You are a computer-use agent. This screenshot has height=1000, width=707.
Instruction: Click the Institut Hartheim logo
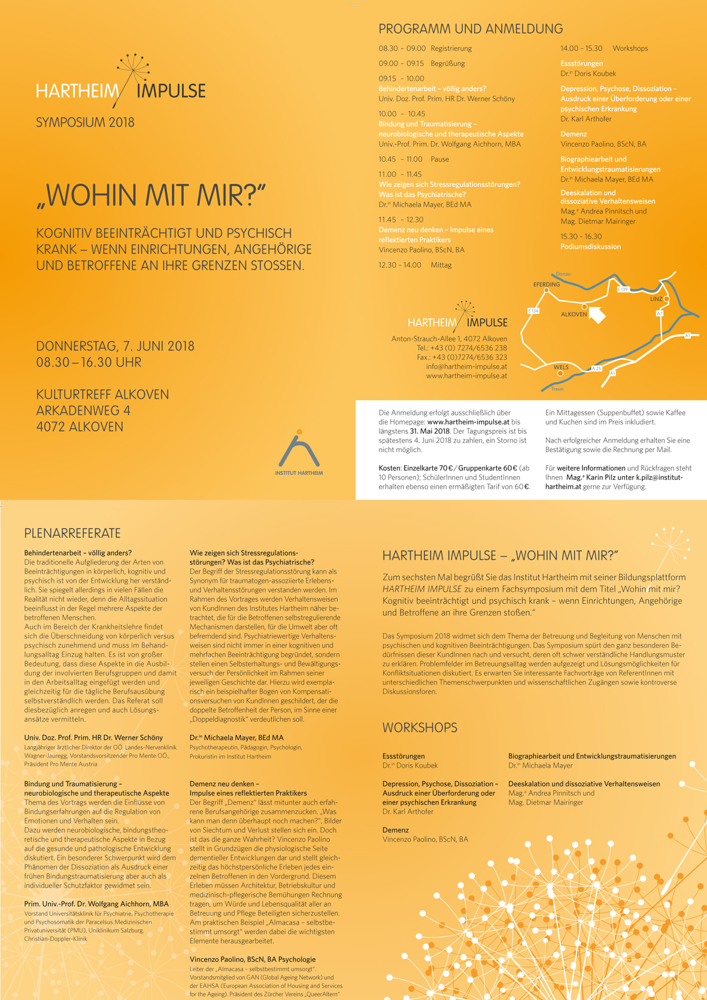pyautogui.click(x=299, y=453)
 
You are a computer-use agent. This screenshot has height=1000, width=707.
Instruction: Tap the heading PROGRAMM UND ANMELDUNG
pyautogui.click(x=471, y=29)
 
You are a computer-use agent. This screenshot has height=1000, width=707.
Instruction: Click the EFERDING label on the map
pyautogui.click(x=546, y=284)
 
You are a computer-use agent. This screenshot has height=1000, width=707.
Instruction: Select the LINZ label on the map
pyautogui.click(x=656, y=299)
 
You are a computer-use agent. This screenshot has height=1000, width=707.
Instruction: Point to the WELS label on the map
pyautogui.click(x=561, y=367)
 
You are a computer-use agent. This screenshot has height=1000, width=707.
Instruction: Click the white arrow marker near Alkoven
pyautogui.click(x=597, y=314)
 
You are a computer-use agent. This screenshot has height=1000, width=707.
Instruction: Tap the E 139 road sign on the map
pyautogui.click(x=623, y=289)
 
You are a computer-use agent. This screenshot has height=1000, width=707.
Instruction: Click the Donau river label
pyautogui.click(x=563, y=274)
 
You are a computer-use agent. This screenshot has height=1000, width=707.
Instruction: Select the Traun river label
pyautogui.click(x=557, y=389)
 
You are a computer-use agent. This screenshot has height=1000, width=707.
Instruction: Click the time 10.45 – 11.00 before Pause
pyautogui.click(x=400, y=159)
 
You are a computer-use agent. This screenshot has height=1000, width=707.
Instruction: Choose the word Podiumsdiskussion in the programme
pyautogui.click(x=590, y=247)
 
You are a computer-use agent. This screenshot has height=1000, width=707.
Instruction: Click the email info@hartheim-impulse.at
pyautogui.click(x=466, y=366)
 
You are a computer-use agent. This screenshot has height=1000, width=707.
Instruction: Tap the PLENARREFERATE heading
pyautogui.click(x=72, y=534)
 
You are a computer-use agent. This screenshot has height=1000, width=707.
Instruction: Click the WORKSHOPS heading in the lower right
pyautogui.click(x=420, y=728)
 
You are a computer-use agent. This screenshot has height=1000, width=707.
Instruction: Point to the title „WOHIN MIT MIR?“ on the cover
pyautogui.click(x=151, y=195)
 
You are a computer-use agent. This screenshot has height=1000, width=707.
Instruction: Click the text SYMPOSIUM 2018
pyautogui.click(x=85, y=123)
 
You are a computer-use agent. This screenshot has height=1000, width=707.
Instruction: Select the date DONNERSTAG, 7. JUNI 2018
pyautogui.click(x=115, y=346)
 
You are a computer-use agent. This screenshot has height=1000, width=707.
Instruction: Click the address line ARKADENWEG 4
pyautogui.click(x=83, y=411)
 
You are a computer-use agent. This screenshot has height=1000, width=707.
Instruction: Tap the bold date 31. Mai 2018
pyautogui.click(x=429, y=431)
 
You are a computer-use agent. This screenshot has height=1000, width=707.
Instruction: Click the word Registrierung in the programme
pyautogui.click(x=451, y=49)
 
